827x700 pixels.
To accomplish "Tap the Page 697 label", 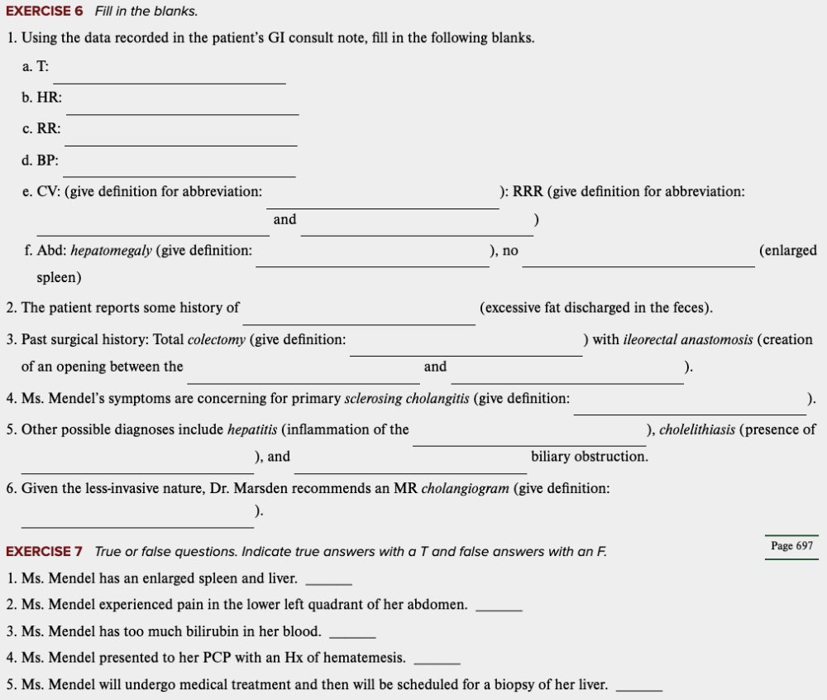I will click(x=791, y=546).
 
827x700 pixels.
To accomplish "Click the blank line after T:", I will click(x=170, y=81).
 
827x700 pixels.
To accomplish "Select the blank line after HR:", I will click(x=182, y=113).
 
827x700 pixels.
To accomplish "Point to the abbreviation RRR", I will click(x=528, y=192).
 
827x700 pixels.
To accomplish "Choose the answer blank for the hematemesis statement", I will click(x=436, y=662).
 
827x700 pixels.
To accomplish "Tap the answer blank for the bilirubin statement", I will click(x=352, y=635).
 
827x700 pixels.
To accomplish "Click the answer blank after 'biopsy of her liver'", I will click(x=639, y=688).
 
